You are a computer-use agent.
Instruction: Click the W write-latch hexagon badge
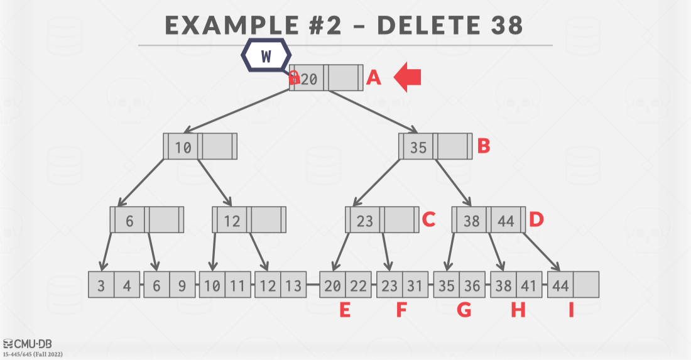click(x=266, y=55)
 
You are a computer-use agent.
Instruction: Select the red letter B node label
click(x=483, y=146)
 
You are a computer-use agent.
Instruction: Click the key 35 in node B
click(x=418, y=147)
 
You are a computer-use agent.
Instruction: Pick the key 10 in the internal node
click(x=183, y=147)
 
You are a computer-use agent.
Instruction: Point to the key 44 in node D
click(x=506, y=221)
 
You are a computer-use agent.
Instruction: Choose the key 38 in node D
click(x=472, y=221)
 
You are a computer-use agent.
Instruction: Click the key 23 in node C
click(x=365, y=221)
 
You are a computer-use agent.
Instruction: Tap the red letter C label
click(x=428, y=219)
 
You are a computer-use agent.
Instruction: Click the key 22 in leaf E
click(x=359, y=285)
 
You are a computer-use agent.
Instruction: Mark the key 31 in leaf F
click(x=414, y=285)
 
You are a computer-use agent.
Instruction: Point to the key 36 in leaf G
click(x=471, y=285)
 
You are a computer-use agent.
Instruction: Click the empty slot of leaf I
click(x=585, y=285)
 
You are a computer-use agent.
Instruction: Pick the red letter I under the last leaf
click(x=571, y=310)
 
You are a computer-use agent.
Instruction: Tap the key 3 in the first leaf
click(x=101, y=285)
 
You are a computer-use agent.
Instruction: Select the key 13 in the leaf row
click(x=293, y=285)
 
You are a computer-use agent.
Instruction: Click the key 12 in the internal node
click(x=232, y=221)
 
